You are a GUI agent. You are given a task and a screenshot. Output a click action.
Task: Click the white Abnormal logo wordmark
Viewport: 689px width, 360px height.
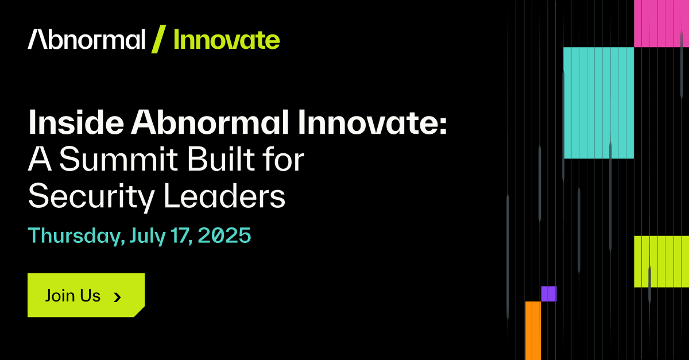(87, 39)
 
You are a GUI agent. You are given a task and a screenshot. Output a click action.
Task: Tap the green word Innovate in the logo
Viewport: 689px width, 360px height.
(227, 40)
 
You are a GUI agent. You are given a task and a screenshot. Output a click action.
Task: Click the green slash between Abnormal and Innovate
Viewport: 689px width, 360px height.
(158, 39)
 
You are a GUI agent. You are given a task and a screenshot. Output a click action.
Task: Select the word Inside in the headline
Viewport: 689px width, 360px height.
(76, 122)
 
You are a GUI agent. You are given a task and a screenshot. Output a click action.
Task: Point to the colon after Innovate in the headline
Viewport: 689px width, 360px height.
(443, 127)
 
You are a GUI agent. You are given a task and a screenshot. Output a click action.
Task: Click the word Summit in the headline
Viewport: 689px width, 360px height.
(118, 159)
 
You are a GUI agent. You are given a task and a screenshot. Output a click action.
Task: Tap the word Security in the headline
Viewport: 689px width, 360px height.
(91, 197)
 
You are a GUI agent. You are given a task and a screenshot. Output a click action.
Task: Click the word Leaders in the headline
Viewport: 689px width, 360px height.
(225, 196)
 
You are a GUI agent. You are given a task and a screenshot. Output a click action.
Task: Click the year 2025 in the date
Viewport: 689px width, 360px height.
(224, 235)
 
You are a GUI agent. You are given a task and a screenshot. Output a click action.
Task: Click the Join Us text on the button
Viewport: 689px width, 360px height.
(72, 296)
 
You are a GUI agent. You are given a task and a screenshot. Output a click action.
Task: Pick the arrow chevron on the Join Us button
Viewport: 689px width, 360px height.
(117, 297)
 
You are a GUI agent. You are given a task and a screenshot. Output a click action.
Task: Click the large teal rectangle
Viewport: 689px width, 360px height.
(598, 103)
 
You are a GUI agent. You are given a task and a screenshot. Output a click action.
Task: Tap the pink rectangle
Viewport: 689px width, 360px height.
(661, 24)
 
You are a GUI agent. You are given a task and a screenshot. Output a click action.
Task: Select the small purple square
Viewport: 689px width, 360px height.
(549, 294)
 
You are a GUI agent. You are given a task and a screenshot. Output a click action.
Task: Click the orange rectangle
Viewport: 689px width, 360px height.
(533, 331)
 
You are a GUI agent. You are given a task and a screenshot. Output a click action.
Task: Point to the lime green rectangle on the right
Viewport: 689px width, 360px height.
(661, 262)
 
